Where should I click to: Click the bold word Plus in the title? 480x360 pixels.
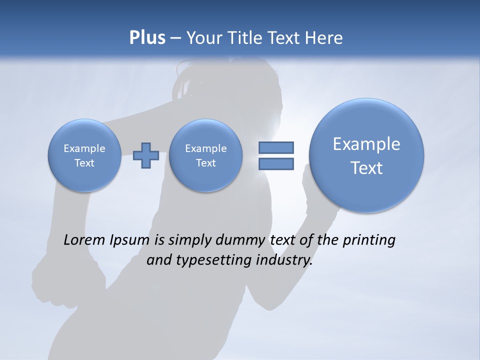147,38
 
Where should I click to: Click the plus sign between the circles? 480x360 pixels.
146,155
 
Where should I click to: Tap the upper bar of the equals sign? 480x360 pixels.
275,147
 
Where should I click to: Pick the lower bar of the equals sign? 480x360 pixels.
275,163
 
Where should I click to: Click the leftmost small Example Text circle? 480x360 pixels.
84,155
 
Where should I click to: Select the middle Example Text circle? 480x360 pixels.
205,155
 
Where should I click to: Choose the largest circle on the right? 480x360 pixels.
366,155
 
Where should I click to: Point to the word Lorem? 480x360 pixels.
84,240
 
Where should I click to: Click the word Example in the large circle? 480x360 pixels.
366,144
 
